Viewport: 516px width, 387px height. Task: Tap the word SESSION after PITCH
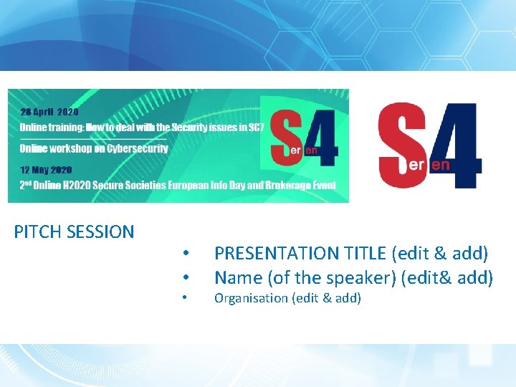click(99, 231)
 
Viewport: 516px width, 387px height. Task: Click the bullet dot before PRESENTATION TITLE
click(185, 254)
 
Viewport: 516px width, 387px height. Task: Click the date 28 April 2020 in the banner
click(49, 113)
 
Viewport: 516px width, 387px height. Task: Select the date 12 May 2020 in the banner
click(47, 170)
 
